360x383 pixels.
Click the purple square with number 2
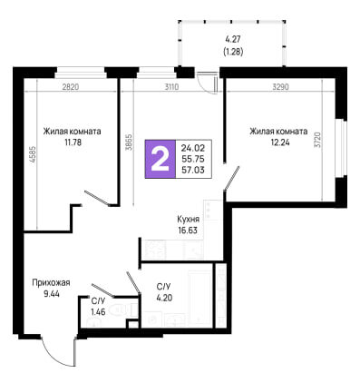pyautogui.click(x=161, y=159)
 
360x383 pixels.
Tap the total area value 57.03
pyautogui.click(x=193, y=171)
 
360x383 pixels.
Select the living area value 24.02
pyautogui.click(x=193, y=148)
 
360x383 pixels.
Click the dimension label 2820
pyautogui.click(x=71, y=87)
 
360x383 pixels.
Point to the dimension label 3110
pyautogui.click(x=171, y=87)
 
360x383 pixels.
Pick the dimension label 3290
pyautogui.click(x=280, y=87)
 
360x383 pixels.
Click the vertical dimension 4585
pyautogui.click(x=33, y=155)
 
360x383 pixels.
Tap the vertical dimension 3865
pyautogui.click(x=128, y=143)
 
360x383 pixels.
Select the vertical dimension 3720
pyautogui.click(x=317, y=140)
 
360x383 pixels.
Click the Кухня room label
pyautogui.click(x=188, y=219)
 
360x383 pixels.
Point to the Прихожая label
pyautogui.click(x=51, y=283)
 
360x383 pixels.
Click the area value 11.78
pyautogui.click(x=73, y=142)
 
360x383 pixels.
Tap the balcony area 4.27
pyautogui.click(x=233, y=40)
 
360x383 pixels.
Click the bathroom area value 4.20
pyautogui.click(x=164, y=298)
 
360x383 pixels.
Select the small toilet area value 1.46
pyautogui.click(x=98, y=311)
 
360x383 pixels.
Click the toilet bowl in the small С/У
pyautogui.click(x=120, y=310)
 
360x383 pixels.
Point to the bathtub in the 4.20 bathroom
pyautogui.click(x=200, y=299)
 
